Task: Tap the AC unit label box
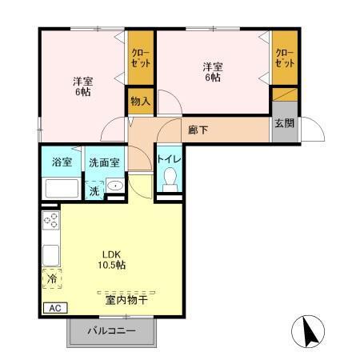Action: (x=54, y=308)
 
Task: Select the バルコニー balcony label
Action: (x=111, y=330)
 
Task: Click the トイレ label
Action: (x=170, y=160)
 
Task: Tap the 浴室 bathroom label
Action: (x=62, y=162)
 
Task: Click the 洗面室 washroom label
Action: (x=104, y=162)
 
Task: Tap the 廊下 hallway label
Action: (x=198, y=130)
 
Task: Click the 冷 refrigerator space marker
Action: (x=50, y=279)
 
